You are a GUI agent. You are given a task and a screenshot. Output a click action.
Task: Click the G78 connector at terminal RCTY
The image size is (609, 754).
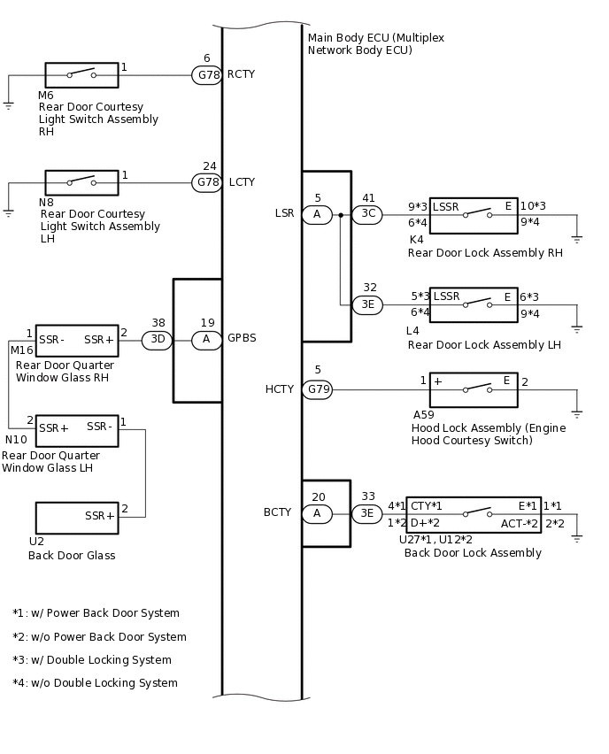(x=207, y=75)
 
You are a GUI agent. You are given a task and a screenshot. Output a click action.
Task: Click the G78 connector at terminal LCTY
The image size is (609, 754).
(x=207, y=182)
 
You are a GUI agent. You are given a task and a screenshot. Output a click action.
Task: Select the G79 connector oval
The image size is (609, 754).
(x=318, y=389)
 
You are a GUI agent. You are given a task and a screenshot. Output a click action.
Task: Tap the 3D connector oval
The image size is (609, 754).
(x=157, y=340)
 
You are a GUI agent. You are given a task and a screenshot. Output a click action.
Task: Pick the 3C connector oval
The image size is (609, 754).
(x=367, y=214)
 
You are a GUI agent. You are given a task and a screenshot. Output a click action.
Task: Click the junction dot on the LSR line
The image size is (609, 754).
(x=341, y=215)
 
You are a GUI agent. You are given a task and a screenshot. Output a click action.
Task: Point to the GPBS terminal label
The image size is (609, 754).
(x=242, y=338)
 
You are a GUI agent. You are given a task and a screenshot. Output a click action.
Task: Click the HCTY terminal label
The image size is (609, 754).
(x=280, y=389)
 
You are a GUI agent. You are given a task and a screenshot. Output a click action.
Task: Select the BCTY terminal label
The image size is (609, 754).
(x=278, y=512)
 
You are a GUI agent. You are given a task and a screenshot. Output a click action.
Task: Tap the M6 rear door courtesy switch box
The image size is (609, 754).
(x=81, y=75)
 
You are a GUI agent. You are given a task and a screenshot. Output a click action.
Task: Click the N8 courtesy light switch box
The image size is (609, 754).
(x=81, y=182)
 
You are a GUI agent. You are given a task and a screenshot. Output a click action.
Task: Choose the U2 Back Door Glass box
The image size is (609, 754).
(x=77, y=519)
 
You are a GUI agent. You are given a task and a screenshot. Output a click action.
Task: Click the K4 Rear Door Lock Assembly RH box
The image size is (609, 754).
(x=474, y=216)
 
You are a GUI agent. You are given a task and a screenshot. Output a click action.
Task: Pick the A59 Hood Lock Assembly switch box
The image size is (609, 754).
(x=474, y=390)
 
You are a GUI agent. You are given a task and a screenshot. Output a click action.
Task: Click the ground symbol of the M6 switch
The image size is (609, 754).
(x=8, y=106)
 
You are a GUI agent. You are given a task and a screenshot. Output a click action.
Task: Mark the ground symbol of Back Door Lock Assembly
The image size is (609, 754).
(x=577, y=539)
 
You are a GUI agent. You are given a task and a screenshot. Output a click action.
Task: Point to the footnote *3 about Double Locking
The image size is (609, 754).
(x=92, y=660)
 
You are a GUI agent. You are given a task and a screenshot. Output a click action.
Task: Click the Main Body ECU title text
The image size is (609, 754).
(x=375, y=43)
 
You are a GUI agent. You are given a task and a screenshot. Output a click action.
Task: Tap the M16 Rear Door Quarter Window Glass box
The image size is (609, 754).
(x=77, y=341)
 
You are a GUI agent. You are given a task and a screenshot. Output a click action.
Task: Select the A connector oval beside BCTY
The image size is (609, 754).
(x=317, y=514)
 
